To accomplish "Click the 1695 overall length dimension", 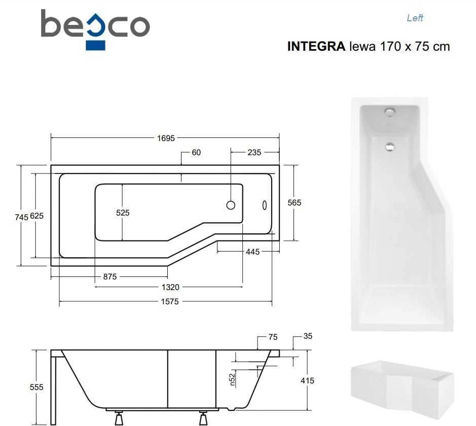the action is click(166, 138).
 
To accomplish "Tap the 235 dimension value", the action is click(254, 153).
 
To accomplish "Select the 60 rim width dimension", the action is click(196, 153).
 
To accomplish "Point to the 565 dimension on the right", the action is click(294, 202).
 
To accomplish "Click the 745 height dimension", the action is click(21, 217).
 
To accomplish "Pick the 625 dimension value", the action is click(36, 216).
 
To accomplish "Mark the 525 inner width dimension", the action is click(123, 213).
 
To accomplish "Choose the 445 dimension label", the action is click(252, 252).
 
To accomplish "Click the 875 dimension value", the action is click(110, 276).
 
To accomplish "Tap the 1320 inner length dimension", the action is click(170, 287).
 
